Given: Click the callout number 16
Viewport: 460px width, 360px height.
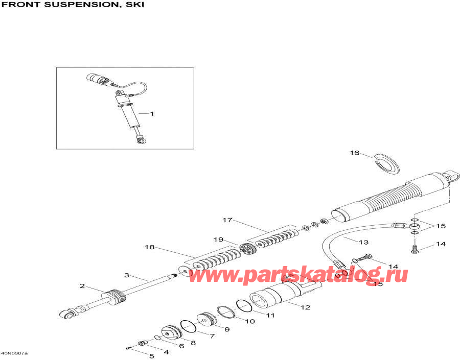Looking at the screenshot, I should [x=355, y=152].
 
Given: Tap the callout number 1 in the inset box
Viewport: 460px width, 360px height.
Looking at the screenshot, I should [x=151, y=113].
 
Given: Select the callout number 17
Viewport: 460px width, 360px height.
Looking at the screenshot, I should [x=227, y=220].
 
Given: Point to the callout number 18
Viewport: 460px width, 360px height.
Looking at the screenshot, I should [x=149, y=247].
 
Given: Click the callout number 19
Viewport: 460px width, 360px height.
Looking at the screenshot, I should [x=233, y=239].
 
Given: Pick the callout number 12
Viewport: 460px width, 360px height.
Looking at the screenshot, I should [x=306, y=307].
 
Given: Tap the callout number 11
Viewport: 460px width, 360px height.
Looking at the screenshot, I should [x=269, y=315].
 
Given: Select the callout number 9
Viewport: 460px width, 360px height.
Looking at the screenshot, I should [x=226, y=329].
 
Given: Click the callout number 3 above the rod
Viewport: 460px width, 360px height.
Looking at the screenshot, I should [x=126, y=275].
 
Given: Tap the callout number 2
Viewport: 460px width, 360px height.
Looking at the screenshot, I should [x=82, y=286].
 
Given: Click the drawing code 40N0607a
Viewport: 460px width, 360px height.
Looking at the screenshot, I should [x=14, y=353].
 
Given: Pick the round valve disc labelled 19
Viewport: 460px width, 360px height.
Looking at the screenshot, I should [x=248, y=250].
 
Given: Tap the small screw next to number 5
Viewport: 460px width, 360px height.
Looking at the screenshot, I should [x=128, y=348].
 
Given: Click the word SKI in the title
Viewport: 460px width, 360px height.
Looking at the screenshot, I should [x=135, y=5].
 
